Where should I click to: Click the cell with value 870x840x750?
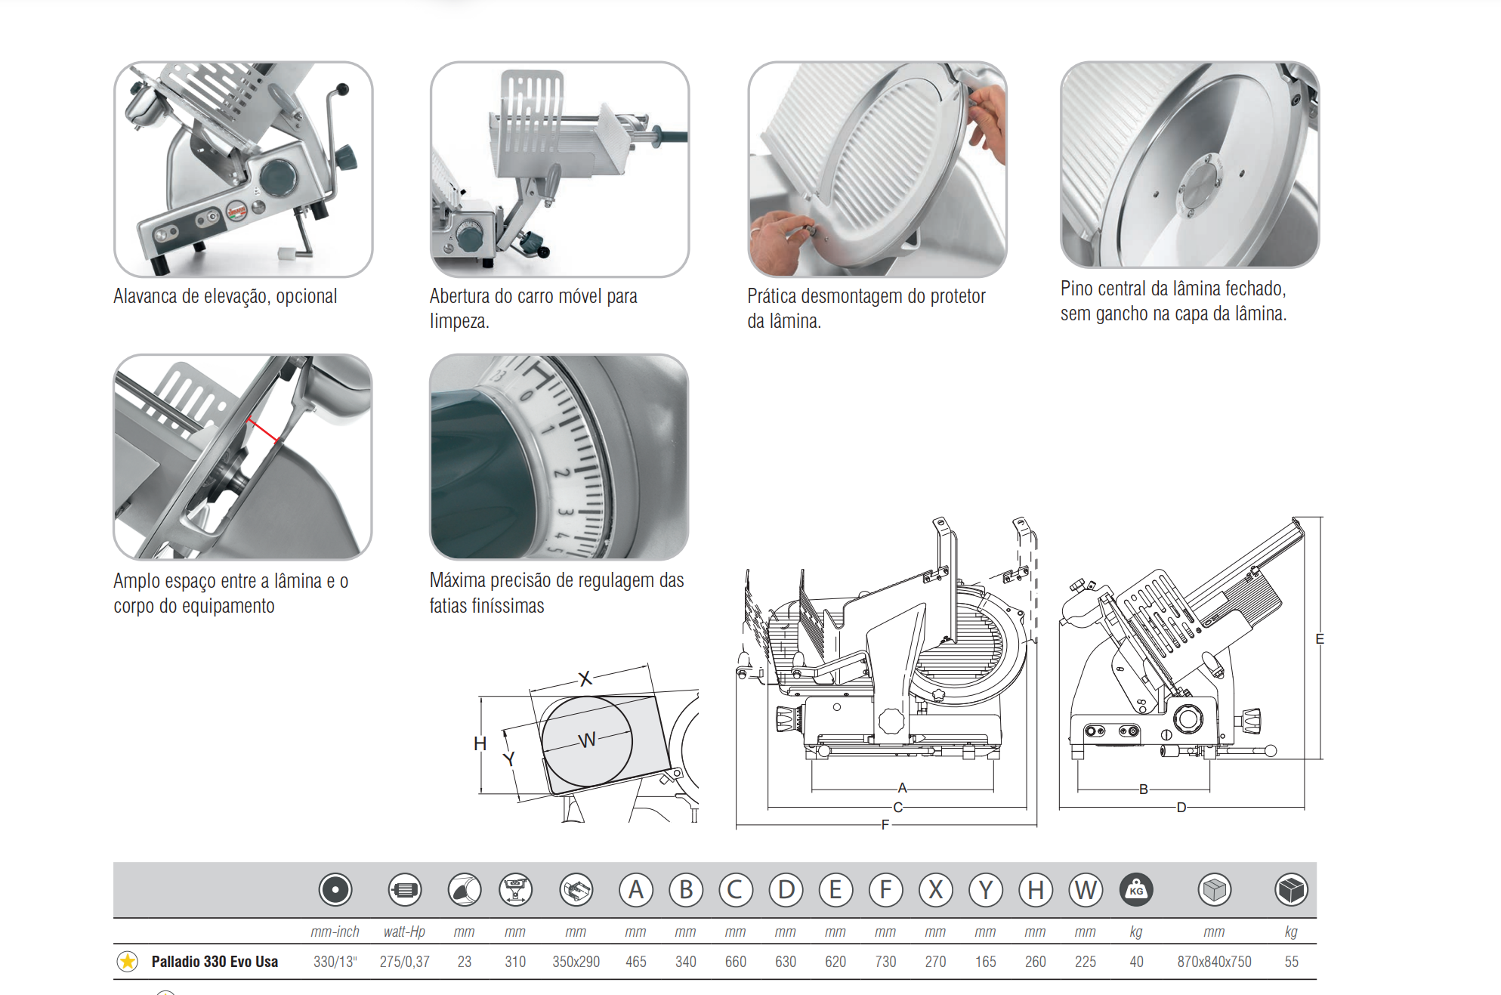(x=1214, y=962)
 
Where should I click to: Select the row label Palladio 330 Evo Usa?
(x=215, y=962)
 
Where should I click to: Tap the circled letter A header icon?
(x=636, y=890)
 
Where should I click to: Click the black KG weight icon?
(x=1136, y=890)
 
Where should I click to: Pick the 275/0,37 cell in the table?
(x=404, y=962)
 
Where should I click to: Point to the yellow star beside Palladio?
(x=128, y=962)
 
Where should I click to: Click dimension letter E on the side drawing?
(x=1319, y=639)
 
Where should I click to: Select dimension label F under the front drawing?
(x=885, y=825)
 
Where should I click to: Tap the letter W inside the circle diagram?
(x=587, y=740)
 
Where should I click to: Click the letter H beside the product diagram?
(x=480, y=743)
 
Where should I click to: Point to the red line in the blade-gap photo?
(x=262, y=430)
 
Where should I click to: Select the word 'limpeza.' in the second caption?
(x=459, y=321)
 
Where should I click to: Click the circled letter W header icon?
(x=1086, y=890)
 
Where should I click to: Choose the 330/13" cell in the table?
(x=335, y=962)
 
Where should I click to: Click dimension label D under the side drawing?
(x=1181, y=808)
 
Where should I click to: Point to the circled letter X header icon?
(x=935, y=890)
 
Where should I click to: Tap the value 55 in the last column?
(x=1291, y=962)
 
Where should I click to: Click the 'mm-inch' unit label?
(x=335, y=932)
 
